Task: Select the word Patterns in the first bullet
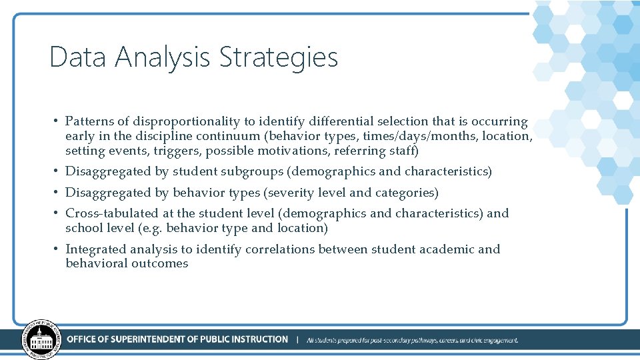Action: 89,122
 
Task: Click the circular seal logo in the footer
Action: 41,340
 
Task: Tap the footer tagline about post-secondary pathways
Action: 412,340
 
